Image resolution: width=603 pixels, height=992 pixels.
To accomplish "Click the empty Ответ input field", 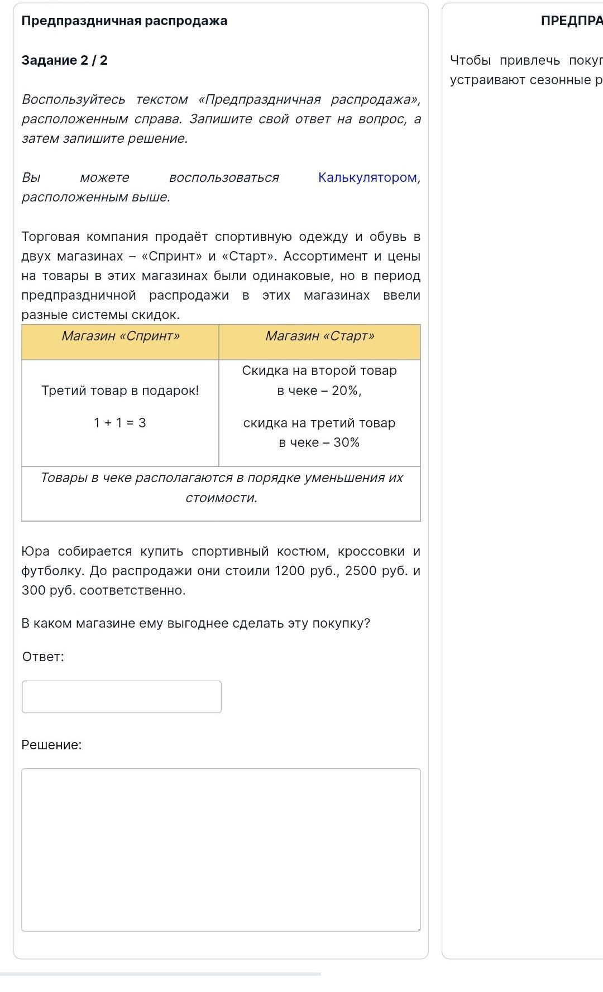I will point(122,696).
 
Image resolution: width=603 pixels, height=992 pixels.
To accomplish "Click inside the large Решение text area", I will point(221,849).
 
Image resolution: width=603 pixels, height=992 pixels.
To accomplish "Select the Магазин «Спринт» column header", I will point(121,336).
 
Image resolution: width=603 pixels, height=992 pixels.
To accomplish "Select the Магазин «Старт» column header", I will point(319,336).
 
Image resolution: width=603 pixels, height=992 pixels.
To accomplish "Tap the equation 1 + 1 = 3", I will point(120,423).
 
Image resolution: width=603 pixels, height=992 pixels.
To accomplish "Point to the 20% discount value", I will point(346,391).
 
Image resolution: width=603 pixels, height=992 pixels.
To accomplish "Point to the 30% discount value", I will point(346,442).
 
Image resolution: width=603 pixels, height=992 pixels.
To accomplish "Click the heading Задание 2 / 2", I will point(65,60).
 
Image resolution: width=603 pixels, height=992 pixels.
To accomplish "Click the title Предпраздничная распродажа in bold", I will point(125,21).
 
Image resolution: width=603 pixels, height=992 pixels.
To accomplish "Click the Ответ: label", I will point(43,657).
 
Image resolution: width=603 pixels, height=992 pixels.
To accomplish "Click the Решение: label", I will point(51,745).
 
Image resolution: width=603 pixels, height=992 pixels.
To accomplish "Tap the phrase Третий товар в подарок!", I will point(120,391).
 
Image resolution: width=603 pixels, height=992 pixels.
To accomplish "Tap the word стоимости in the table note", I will point(221,498).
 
